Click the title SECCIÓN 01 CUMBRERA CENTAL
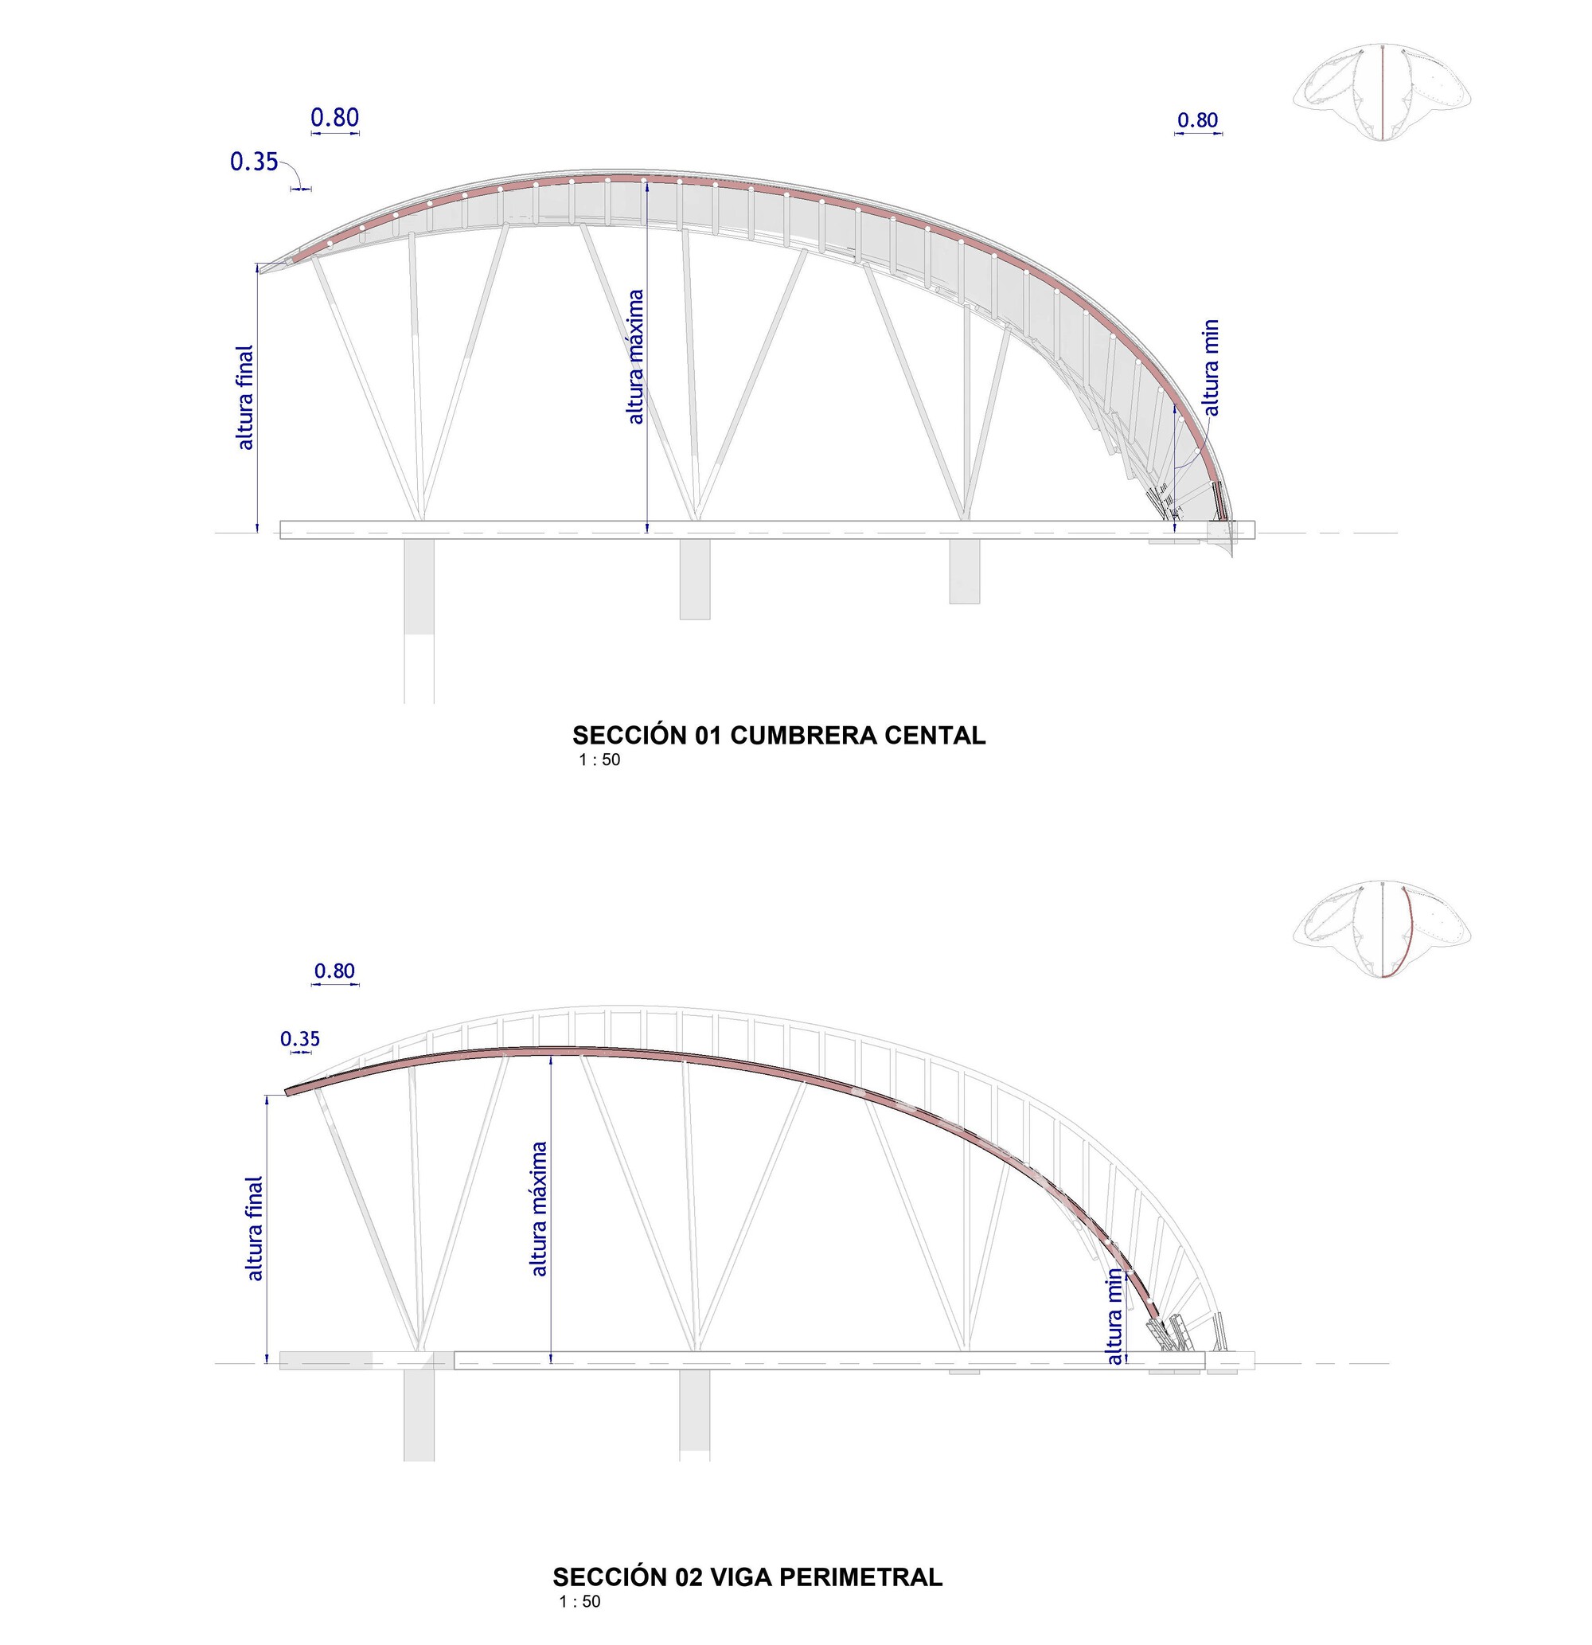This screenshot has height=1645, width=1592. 778,735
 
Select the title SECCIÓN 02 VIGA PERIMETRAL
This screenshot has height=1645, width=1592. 747,1577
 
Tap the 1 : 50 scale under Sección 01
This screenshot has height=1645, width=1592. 599,760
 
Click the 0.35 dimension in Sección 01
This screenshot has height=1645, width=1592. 254,161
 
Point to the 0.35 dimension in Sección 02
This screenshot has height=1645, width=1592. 300,1039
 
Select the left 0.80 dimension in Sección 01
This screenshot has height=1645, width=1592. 335,119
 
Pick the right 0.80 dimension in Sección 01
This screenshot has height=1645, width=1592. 1197,120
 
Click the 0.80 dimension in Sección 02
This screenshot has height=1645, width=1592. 335,971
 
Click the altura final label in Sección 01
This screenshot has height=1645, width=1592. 244,398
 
